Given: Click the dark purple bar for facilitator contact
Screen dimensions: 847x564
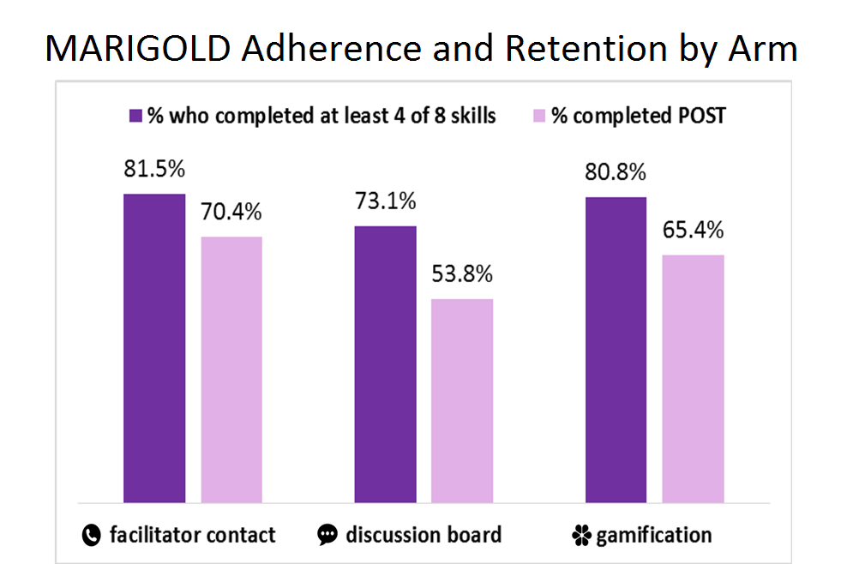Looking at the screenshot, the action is coord(154,349).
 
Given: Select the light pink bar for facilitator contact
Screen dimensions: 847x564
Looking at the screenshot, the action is coord(231,369).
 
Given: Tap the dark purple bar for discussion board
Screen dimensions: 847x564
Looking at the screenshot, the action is coord(385,364).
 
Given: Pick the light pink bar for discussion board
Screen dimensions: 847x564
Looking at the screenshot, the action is coord(462,401).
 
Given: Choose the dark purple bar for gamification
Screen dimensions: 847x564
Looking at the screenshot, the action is coord(616,350).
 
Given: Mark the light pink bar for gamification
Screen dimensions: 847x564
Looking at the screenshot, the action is coord(693,379).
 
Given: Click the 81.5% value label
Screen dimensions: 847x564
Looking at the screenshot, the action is coord(154,169).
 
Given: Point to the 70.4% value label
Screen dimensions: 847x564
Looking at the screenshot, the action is coord(231,212).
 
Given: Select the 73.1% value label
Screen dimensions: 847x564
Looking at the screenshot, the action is coord(385,201).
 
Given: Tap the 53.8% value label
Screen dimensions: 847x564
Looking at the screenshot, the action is coord(462,274).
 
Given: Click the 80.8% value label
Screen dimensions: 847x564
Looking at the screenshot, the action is coord(616,172).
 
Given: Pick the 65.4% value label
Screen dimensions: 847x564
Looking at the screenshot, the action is coord(693,230).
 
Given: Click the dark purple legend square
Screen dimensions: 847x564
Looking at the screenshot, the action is coord(135,116).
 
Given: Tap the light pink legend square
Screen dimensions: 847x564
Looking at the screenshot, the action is coord(539,116).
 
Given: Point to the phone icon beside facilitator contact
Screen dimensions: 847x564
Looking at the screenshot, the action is coord(91,535).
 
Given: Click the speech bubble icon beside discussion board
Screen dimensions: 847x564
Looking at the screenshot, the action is coord(327,535).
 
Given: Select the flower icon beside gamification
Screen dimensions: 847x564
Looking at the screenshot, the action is coord(581,536).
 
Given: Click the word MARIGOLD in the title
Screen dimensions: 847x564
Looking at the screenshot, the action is coord(138,49).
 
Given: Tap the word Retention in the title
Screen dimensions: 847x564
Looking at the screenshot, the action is coord(586,49).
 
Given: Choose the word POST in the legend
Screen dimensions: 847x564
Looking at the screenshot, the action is coord(702,116).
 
